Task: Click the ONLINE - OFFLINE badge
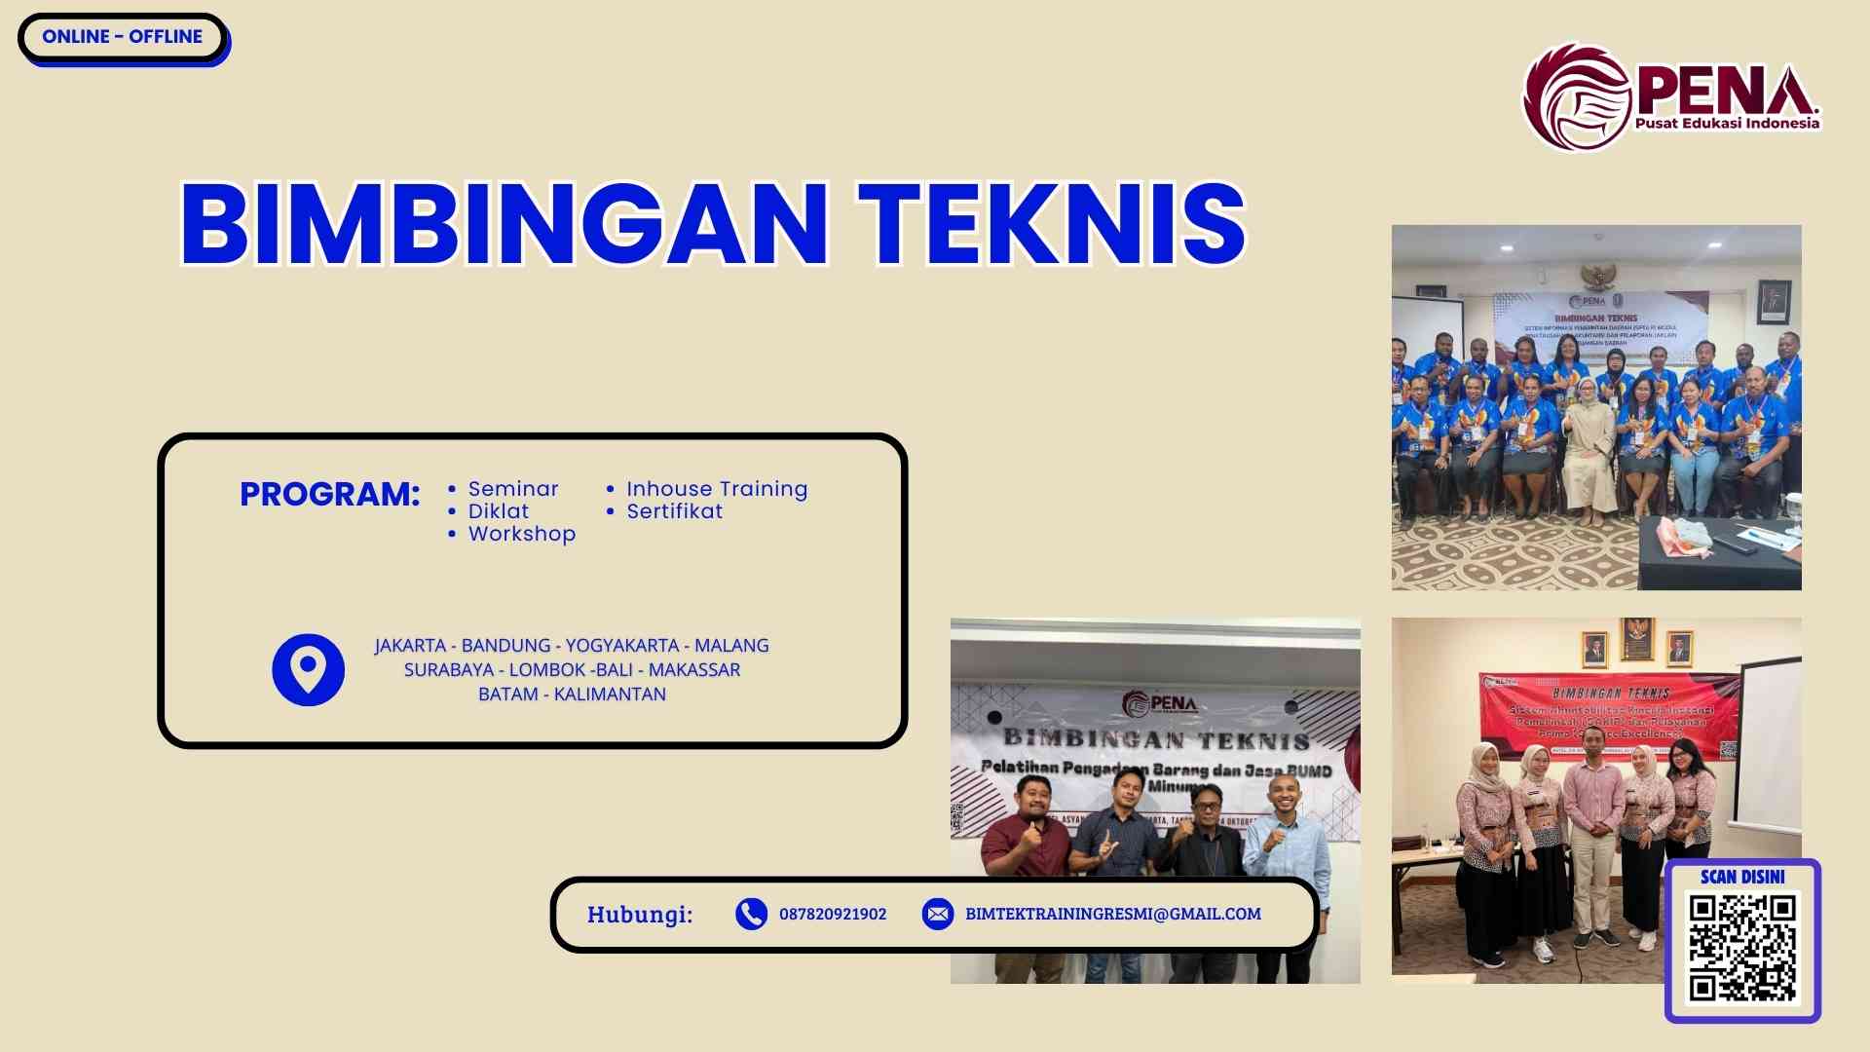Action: click(122, 37)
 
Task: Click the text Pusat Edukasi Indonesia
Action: click(1727, 124)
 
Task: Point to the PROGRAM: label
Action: click(329, 494)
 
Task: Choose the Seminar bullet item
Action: click(513, 489)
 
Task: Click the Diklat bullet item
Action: click(499, 511)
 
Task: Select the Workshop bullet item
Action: click(522, 534)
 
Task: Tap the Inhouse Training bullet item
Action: click(717, 489)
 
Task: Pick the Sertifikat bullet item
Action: click(674, 511)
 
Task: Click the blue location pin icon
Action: click(308, 670)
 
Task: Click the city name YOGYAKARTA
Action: click(621, 646)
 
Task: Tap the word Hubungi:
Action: click(640, 915)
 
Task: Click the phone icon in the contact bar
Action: click(751, 914)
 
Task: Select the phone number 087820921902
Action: click(833, 915)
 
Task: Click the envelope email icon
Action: click(937, 914)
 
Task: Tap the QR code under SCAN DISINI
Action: click(1742, 948)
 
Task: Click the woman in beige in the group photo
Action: click(1588, 448)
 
